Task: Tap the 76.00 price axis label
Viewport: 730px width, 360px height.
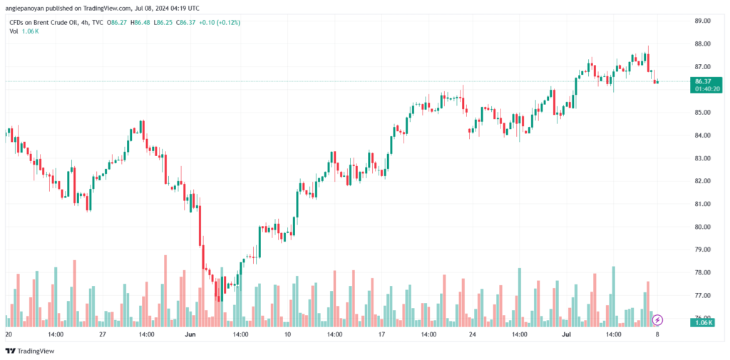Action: [702, 318]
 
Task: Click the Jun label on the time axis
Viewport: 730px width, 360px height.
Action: [190, 334]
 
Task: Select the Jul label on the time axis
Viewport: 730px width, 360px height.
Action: [567, 334]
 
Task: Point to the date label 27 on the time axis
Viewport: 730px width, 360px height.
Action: [103, 334]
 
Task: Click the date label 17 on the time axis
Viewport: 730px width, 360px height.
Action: [381, 334]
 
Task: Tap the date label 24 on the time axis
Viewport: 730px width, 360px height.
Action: [473, 334]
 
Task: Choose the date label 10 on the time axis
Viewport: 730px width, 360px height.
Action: [287, 334]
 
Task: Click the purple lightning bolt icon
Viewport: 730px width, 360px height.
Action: [658, 320]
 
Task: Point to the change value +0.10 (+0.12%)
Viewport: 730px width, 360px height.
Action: [220, 22]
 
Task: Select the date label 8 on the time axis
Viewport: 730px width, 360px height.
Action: [657, 334]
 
